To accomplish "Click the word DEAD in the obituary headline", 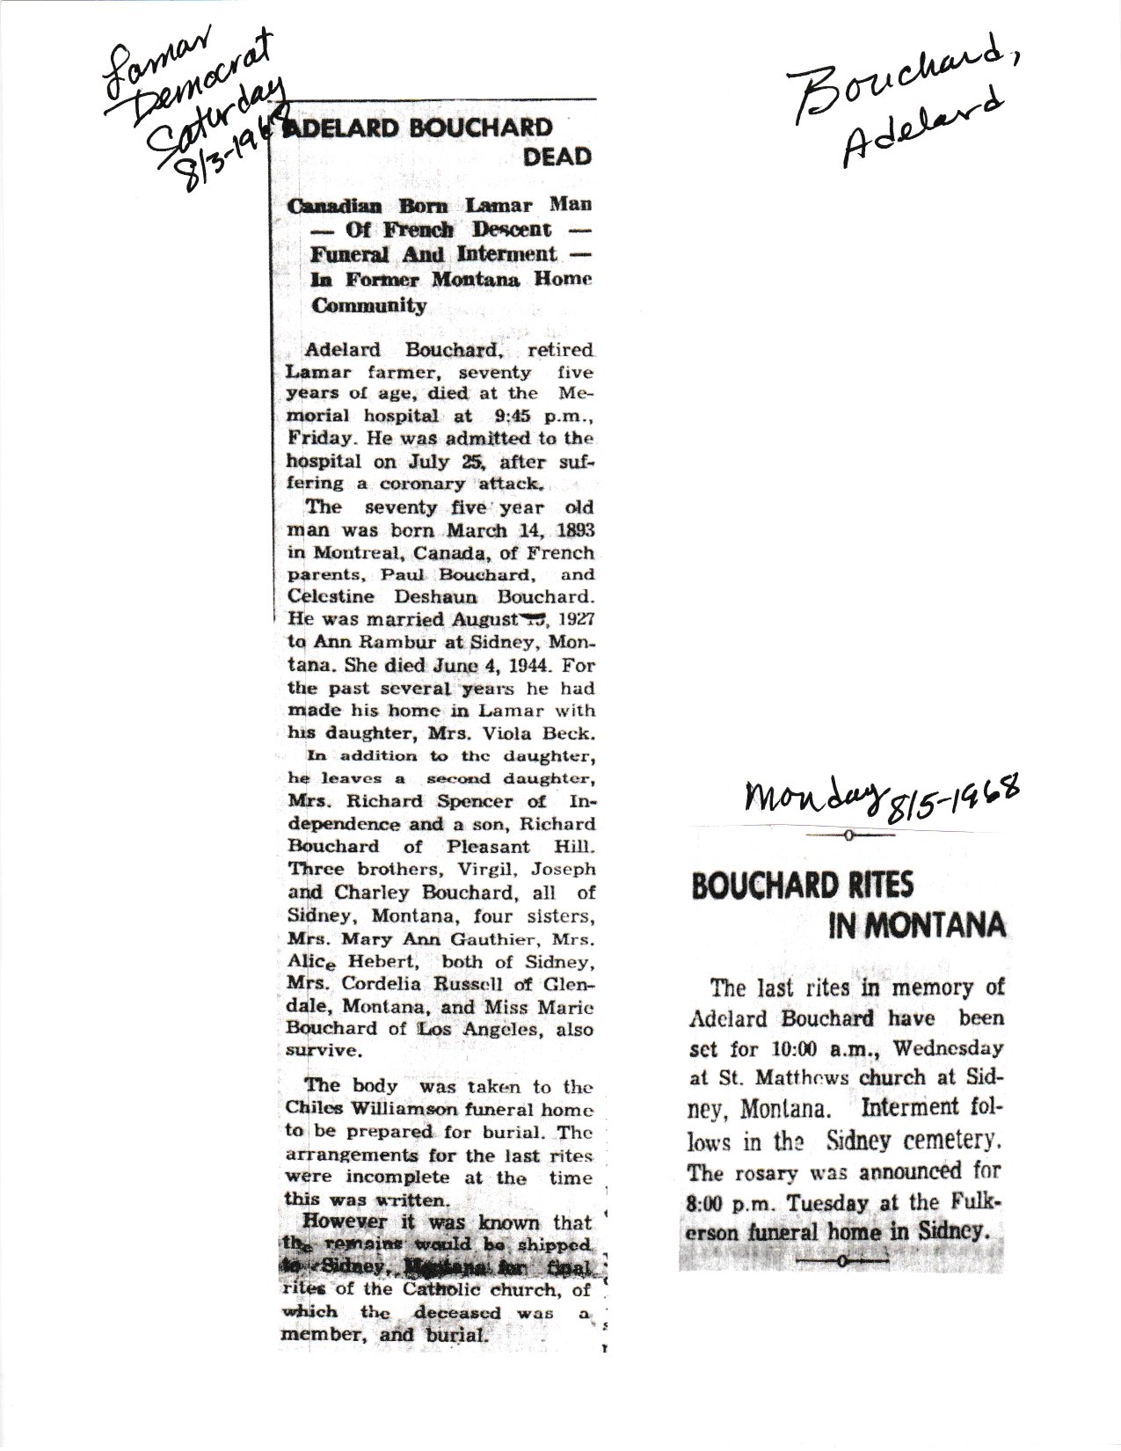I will [557, 157].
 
